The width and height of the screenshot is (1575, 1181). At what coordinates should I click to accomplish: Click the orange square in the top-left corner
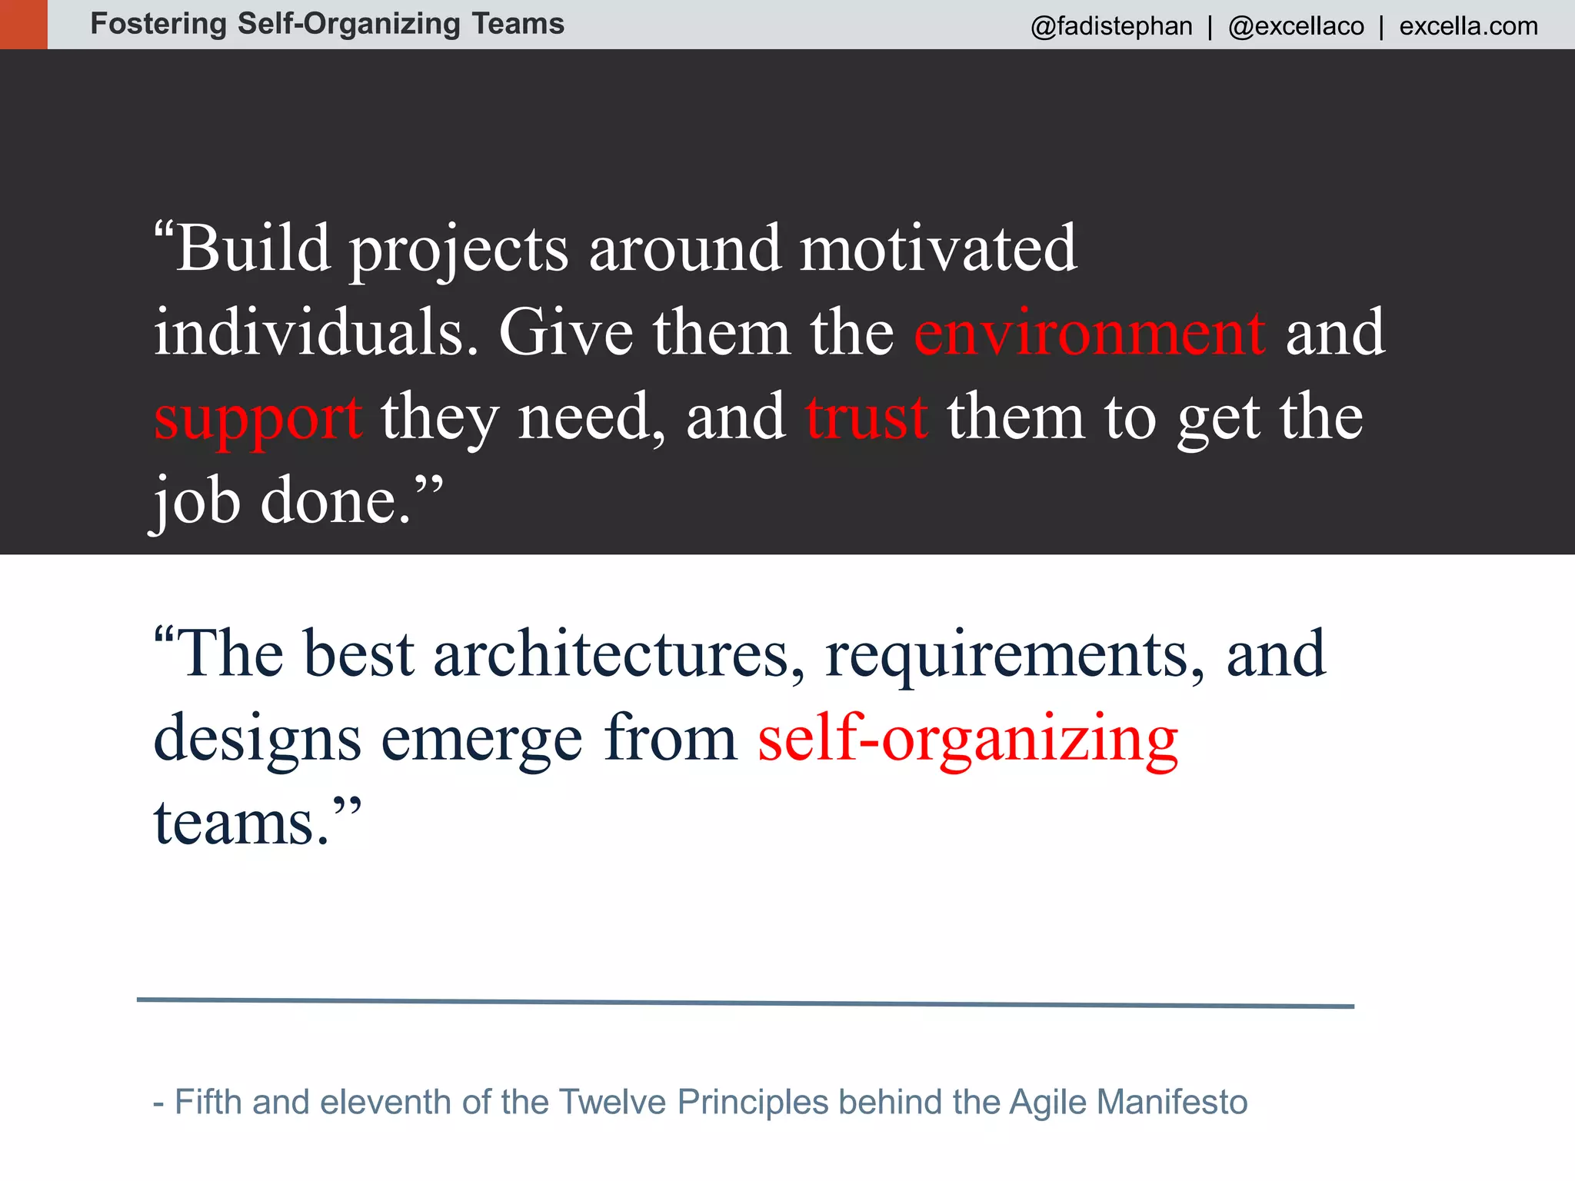pos(23,24)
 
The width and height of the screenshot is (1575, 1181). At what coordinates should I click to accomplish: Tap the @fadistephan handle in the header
pos(1111,26)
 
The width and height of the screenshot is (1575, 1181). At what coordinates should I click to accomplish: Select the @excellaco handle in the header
pos(1296,26)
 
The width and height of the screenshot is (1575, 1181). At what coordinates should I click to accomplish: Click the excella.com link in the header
pos(1468,26)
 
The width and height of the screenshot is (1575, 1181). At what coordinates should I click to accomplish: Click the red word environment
pos(1089,332)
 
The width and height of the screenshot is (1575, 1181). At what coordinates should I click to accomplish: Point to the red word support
pos(258,418)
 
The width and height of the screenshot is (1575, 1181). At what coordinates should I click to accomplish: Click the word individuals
pos(315,332)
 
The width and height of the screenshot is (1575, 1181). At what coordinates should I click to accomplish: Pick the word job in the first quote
pos(196,501)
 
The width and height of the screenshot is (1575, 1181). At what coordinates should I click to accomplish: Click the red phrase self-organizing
pos(967,738)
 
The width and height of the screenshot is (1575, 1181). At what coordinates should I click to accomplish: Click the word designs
pos(257,738)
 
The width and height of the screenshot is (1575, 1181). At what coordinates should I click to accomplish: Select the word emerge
pos(481,738)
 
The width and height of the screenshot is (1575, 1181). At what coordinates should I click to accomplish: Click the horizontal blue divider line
pos(744,1003)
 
